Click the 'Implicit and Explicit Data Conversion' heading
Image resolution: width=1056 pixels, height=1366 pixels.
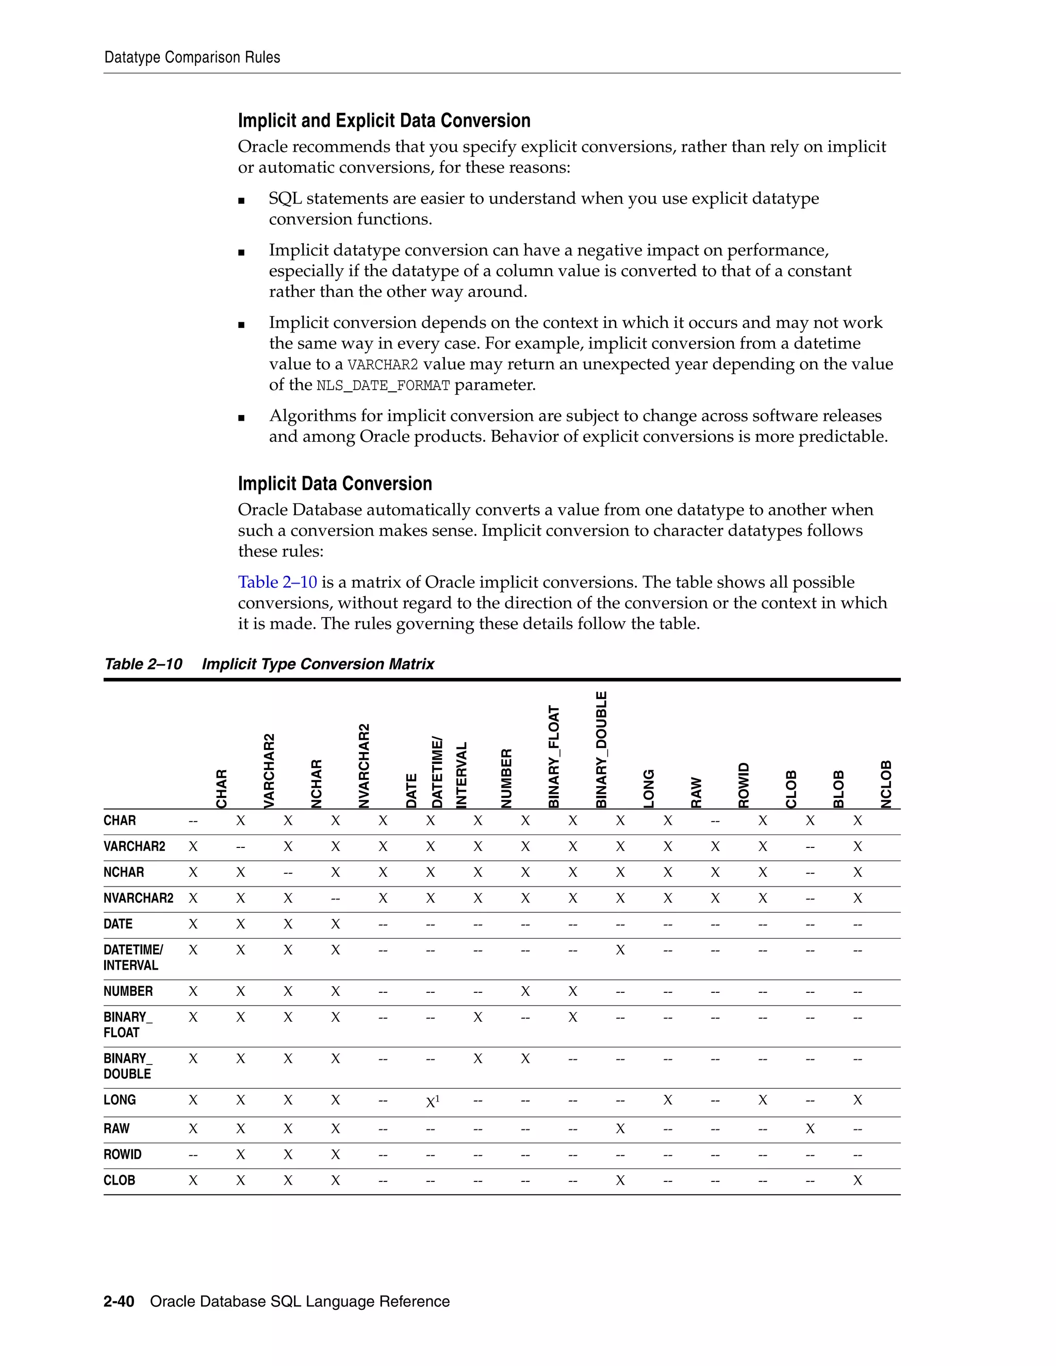[x=384, y=121]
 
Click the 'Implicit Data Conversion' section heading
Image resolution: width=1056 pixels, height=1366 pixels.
[x=335, y=484]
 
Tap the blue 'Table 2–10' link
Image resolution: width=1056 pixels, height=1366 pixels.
[x=277, y=582]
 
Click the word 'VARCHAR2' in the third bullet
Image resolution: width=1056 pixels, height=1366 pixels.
[x=382, y=364]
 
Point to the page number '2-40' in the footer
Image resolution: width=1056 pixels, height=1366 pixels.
[x=119, y=1302]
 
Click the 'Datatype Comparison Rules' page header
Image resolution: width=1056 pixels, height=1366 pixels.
[x=192, y=58]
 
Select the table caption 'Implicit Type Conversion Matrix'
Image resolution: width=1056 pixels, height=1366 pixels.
[x=318, y=664]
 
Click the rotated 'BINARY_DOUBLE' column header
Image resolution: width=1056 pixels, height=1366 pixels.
[x=601, y=749]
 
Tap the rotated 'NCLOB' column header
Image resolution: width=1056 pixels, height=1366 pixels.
[x=886, y=785]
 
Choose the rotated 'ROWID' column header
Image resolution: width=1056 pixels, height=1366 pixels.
[x=743, y=786]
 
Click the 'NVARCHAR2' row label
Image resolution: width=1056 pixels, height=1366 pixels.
[x=138, y=898]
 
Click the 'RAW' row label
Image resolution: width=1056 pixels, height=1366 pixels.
[x=117, y=1128]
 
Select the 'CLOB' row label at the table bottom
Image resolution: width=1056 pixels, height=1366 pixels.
[x=119, y=1180]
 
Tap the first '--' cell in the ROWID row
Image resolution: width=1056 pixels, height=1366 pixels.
[x=193, y=1155]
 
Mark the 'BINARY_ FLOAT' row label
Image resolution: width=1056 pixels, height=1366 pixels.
[x=128, y=1025]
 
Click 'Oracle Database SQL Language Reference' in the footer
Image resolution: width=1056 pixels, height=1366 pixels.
[x=300, y=1302]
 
